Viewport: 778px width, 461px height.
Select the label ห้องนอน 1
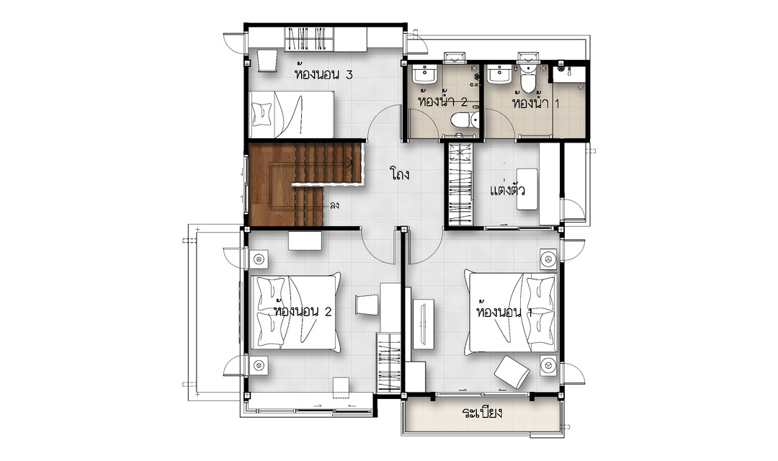point(504,312)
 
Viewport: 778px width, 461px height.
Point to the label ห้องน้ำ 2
point(442,102)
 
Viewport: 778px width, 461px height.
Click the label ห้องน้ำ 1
point(536,103)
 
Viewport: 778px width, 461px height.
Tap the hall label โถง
point(399,174)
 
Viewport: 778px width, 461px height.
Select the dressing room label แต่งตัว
point(507,190)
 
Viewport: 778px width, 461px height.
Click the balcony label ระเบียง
point(482,412)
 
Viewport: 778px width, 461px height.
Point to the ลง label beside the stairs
point(334,205)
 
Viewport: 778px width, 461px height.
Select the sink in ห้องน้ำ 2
point(425,74)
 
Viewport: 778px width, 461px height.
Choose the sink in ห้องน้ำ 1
point(497,74)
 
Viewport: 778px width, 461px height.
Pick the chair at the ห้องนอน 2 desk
point(366,304)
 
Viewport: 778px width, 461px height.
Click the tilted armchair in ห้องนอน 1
point(511,372)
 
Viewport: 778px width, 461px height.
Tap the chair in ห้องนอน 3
point(267,60)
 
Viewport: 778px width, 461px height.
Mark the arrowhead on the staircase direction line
point(349,162)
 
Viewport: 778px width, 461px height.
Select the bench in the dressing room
point(527,189)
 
